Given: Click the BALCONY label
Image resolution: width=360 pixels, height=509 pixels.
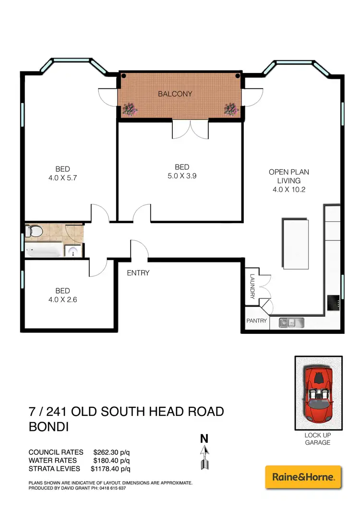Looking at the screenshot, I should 175,94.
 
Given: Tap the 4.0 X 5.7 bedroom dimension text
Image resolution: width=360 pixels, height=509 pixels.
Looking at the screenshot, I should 62,177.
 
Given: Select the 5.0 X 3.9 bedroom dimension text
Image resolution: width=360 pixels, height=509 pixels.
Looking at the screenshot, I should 182,176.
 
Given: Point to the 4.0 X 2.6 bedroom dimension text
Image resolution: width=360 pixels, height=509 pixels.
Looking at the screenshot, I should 62,299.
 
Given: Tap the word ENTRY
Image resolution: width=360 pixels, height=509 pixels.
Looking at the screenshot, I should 138,273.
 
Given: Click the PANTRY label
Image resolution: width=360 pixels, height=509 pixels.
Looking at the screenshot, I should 256,321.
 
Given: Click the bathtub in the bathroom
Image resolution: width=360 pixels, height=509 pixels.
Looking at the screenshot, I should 44,250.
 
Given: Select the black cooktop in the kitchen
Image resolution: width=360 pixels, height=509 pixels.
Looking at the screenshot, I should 334,302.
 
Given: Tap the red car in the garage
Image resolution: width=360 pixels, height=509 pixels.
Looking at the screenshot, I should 318,392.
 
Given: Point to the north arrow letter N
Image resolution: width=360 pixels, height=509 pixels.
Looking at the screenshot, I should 204,438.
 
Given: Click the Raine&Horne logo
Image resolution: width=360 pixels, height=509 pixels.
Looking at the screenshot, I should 303,477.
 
